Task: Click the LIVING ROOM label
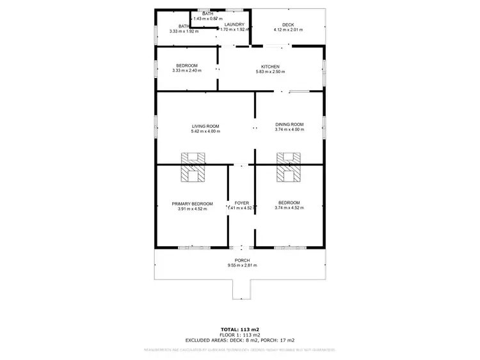click(205, 126)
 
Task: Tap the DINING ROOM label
click(289, 124)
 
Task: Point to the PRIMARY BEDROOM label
click(192, 203)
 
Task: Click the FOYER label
click(242, 203)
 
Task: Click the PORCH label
click(242, 260)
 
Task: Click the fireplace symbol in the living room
click(193, 167)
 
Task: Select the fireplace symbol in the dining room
click(289, 167)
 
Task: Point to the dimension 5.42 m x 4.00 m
click(205, 131)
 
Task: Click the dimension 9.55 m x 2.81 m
click(242, 265)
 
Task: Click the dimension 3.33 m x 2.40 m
click(186, 70)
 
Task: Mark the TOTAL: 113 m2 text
click(240, 329)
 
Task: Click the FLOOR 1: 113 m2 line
click(240, 335)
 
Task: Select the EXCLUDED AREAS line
click(240, 341)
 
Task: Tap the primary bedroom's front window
click(194, 247)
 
